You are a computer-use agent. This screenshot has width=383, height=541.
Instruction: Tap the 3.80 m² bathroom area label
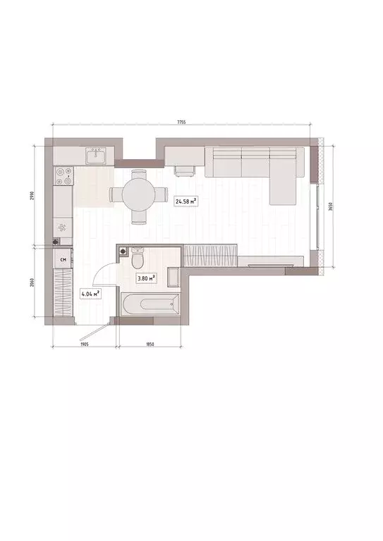click(x=146, y=278)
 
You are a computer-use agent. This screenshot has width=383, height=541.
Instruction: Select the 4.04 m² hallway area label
click(x=90, y=293)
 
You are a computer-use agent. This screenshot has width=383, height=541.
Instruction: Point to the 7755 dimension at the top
click(x=181, y=123)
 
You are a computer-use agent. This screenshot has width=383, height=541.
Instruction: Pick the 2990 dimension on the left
click(x=33, y=195)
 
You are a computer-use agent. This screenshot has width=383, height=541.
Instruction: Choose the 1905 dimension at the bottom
click(x=83, y=344)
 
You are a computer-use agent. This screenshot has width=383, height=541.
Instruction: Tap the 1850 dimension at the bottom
click(x=150, y=344)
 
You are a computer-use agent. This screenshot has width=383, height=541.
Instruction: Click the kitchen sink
click(x=95, y=154)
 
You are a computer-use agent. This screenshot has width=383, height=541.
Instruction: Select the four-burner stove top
click(x=63, y=177)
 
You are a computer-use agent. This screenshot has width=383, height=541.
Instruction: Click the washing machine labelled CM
click(x=63, y=260)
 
